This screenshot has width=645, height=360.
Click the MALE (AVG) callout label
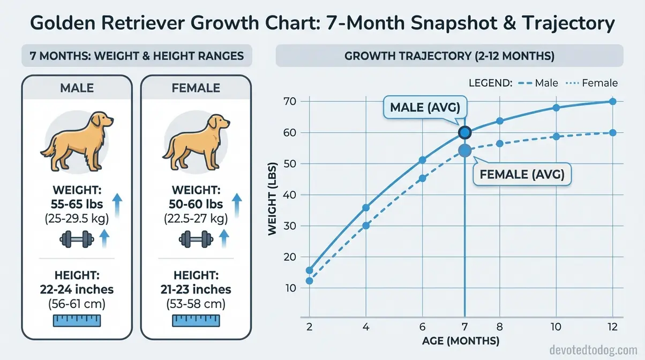pos(425,108)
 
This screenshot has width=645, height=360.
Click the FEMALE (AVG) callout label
pos(522,175)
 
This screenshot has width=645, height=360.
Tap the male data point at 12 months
pos(613,101)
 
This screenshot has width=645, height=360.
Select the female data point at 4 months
pos(366,226)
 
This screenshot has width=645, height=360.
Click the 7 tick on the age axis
pos(464,327)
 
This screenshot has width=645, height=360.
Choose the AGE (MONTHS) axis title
pos(461,341)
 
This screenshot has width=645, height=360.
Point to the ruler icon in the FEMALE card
pos(196,320)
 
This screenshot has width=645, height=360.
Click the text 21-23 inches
pos(196,289)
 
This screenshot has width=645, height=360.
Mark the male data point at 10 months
pos(556,108)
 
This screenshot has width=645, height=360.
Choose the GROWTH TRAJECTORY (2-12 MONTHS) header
pos(449,56)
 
